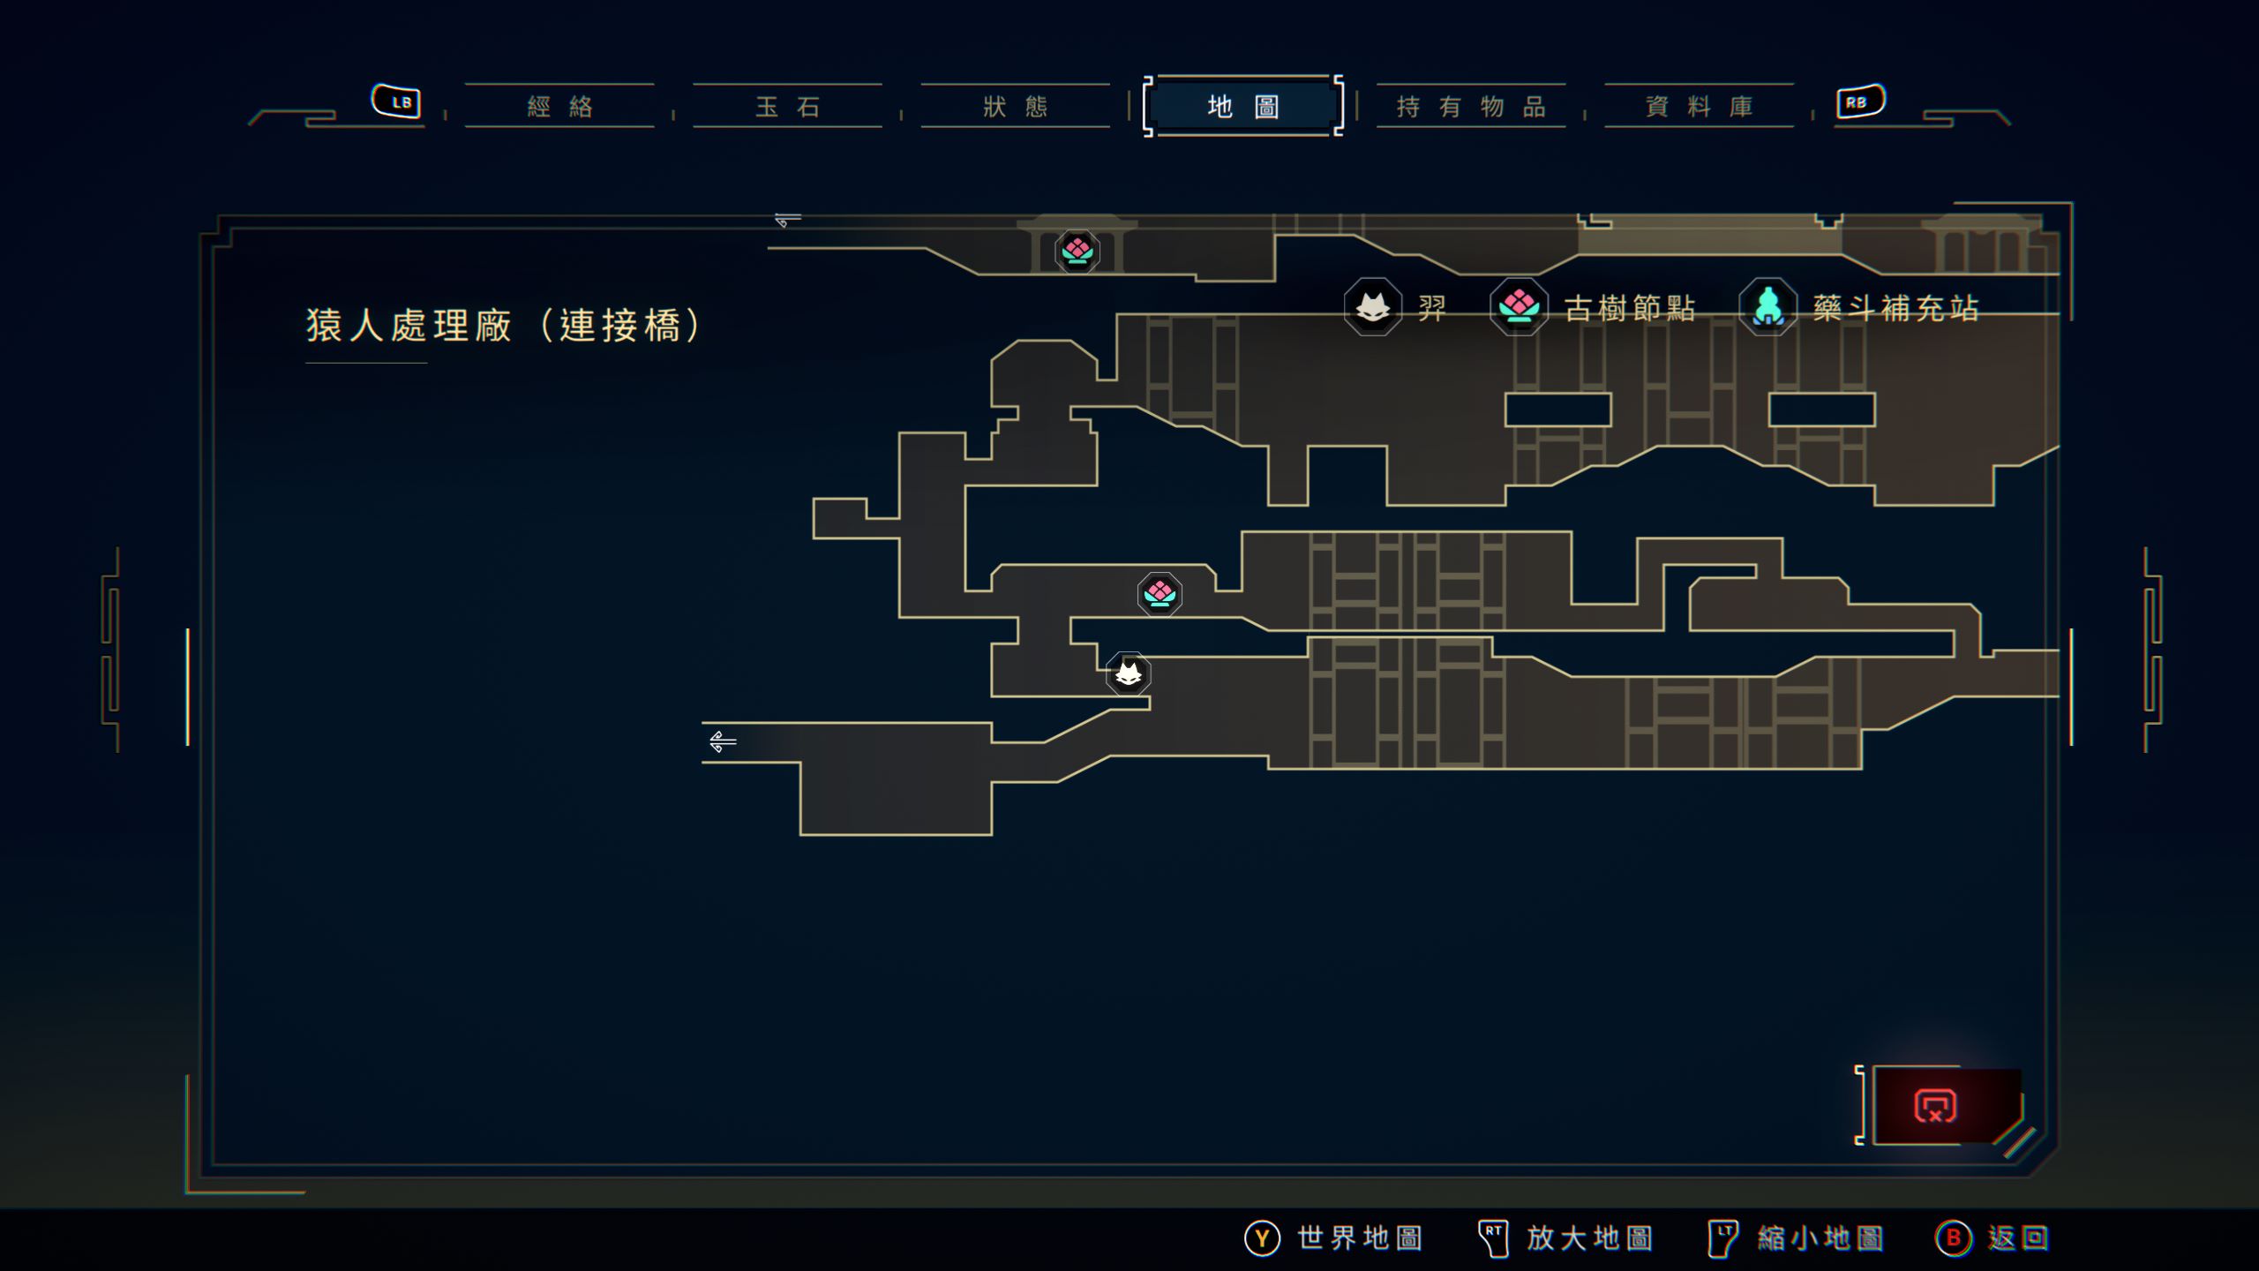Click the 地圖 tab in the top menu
(x=1242, y=107)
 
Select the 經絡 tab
(x=559, y=107)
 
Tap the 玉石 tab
(x=787, y=107)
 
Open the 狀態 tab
(x=1015, y=107)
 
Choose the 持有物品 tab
(x=1471, y=107)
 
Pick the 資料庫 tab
(x=1699, y=107)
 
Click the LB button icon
(x=396, y=102)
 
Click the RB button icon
(x=1859, y=102)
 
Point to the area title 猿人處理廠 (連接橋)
(x=503, y=325)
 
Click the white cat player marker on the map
(x=1129, y=674)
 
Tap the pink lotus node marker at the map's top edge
(x=1077, y=251)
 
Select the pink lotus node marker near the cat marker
(x=1160, y=594)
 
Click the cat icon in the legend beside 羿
(x=1372, y=307)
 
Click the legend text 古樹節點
(x=1630, y=308)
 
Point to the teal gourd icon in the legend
(x=1767, y=307)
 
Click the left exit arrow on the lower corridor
(x=723, y=741)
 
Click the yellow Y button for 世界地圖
(x=1262, y=1237)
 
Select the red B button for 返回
(x=1953, y=1237)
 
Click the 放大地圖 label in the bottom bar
(x=1589, y=1237)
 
